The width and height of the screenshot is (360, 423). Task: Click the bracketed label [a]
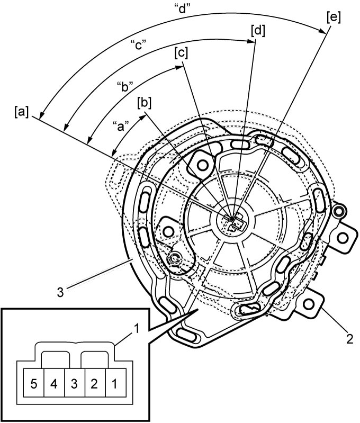[21, 112]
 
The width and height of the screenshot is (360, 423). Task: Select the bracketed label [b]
[144, 103]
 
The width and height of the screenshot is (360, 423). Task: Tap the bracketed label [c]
[181, 53]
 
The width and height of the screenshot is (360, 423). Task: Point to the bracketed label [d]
[258, 31]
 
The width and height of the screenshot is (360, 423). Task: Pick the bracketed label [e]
[334, 17]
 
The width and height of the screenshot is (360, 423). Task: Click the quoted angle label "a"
[120, 125]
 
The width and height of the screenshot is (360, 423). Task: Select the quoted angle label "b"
[125, 87]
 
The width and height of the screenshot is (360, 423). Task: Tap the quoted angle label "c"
[138, 45]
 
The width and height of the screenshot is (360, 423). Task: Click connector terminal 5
[34, 384]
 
